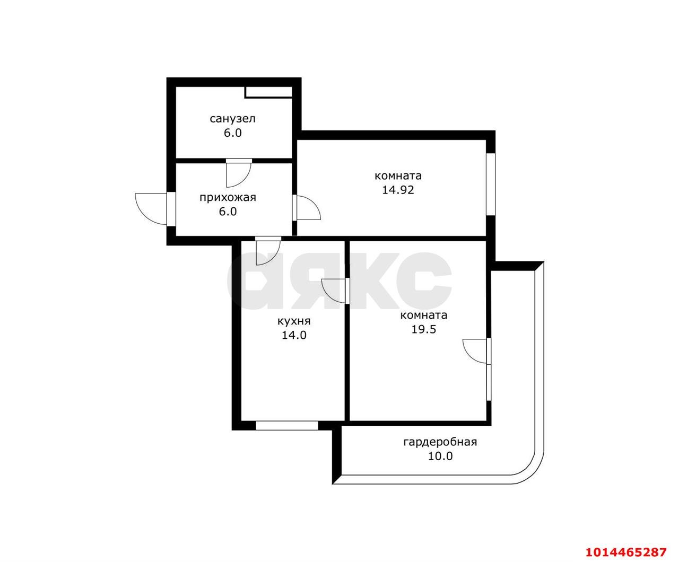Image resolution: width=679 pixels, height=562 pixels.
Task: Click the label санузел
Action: click(x=232, y=118)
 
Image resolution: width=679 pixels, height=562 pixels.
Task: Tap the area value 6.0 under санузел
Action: click(x=232, y=133)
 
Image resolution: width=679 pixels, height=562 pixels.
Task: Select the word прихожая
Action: click(x=228, y=198)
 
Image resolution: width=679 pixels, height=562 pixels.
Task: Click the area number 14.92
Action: click(x=398, y=189)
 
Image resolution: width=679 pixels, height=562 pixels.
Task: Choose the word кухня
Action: click(x=294, y=321)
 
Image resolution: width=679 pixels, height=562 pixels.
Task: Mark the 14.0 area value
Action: click(x=294, y=335)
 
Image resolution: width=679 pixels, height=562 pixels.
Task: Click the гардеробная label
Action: click(x=440, y=442)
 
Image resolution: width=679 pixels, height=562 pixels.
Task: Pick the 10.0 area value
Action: click(x=440, y=456)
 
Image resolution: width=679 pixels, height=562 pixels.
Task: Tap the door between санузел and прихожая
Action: click(x=238, y=172)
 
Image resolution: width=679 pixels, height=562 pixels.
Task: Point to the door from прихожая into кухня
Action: click(x=267, y=251)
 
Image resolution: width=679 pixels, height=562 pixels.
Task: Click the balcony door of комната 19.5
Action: click(x=476, y=350)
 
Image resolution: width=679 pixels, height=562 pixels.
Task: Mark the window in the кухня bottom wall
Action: click(x=286, y=425)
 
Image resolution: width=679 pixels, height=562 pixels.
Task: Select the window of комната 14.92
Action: click(x=491, y=184)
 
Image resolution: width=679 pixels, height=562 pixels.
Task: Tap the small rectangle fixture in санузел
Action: click(x=268, y=92)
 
